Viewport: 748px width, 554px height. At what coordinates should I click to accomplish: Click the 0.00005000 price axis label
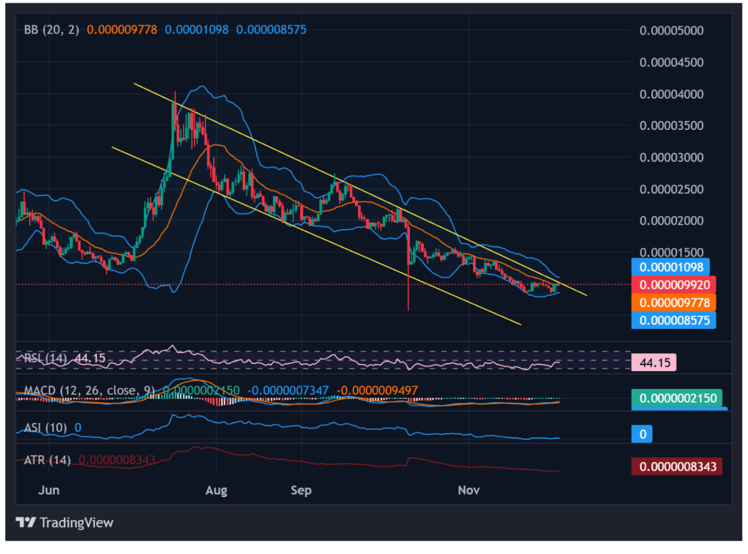point(671,30)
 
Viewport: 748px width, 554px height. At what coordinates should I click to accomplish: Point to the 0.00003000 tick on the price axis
point(671,157)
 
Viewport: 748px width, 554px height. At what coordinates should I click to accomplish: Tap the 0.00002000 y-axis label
point(671,220)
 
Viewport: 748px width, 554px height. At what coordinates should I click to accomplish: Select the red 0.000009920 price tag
point(674,285)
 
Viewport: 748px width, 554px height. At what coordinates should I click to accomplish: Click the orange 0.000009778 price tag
point(674,303)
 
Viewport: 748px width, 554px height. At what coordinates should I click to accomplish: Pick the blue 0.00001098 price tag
point(671,267)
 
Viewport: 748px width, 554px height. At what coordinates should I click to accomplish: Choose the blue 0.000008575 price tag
point(674,321)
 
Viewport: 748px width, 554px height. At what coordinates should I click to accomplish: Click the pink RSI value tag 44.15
point(655,363)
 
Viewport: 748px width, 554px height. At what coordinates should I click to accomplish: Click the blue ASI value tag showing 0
point(642,434)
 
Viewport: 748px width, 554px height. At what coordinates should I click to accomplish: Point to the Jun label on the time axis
point(48,490)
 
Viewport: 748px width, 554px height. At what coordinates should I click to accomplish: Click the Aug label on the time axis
point(216,490)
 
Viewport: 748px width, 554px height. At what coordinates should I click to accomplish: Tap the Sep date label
point(301,490)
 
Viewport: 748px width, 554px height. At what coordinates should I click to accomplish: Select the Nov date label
point(468,490)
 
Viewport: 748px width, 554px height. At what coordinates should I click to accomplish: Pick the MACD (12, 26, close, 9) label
point(89,390)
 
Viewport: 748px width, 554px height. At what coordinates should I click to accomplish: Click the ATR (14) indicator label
point(47,460)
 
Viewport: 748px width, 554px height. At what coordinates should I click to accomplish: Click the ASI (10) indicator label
point(45,427)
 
